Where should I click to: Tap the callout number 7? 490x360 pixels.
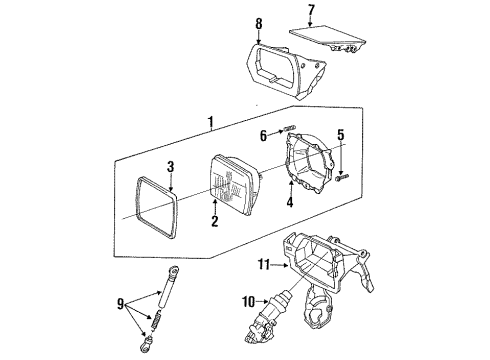click(x=311, y=11)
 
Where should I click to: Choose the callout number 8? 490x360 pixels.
click(x=259, y=22)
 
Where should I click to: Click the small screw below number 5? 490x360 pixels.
click(x=344, y=178)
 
